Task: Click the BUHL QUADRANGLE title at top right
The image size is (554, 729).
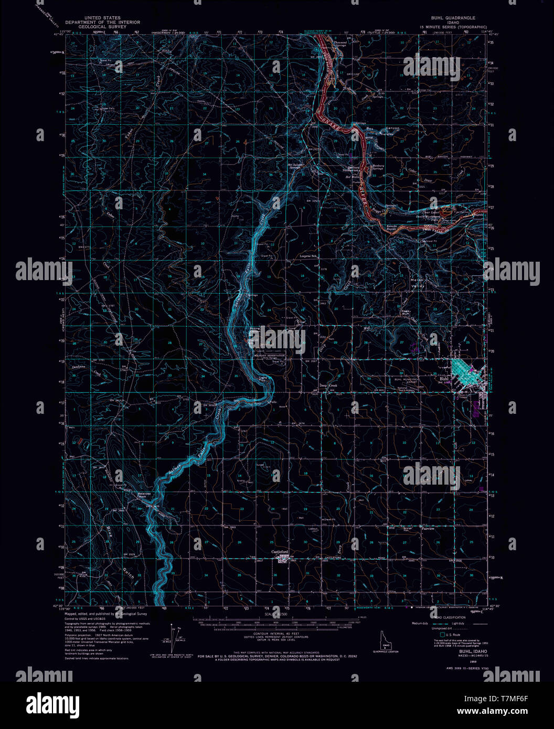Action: point(453,17)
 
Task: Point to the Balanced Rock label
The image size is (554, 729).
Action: point(144,494)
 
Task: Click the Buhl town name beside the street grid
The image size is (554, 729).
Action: point(445,378)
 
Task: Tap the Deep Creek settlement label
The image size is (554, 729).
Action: point(329,385)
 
